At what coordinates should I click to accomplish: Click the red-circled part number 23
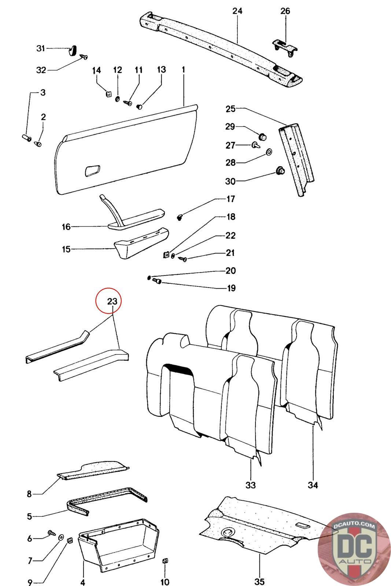click(112, 301)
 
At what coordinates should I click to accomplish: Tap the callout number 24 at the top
click(237, 11)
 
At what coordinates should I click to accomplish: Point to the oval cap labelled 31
click(73, 49)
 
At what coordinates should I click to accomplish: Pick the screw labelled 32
click(84, 57)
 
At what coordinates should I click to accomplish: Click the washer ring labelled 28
click(269, 152)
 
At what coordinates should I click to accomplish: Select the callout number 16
click(66, 227)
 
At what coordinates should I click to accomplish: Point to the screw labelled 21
click(183, 259)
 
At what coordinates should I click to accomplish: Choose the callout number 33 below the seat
click(250, 485)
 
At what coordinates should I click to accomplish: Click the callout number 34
click(313, 485)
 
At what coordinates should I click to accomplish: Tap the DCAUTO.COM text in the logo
click(354, 526)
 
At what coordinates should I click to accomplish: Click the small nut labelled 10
click(165, 561)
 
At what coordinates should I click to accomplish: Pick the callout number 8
click(29, 494)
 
